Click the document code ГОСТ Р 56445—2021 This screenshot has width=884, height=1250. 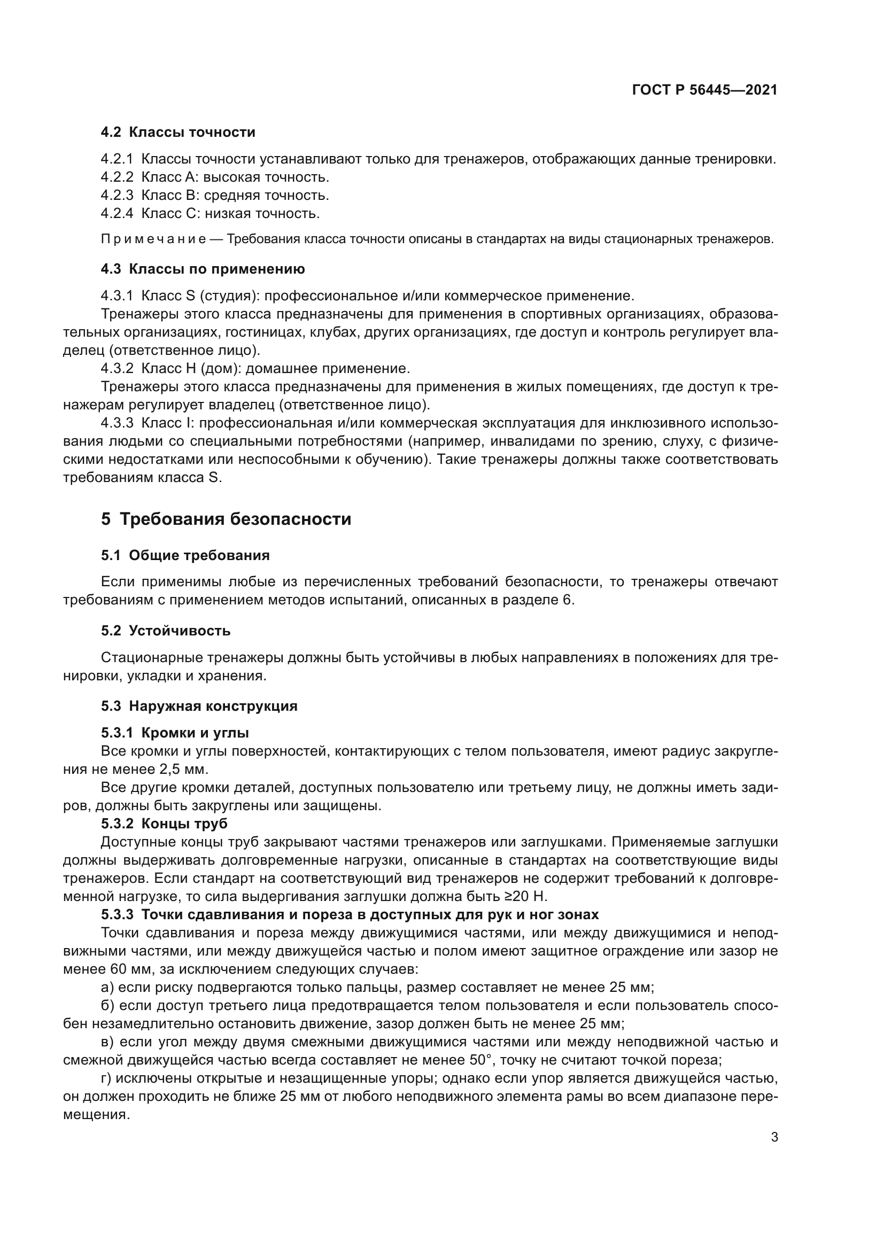point(704,90)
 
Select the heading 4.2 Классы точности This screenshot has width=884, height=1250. point(178,133)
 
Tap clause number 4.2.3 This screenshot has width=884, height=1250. point(117,195)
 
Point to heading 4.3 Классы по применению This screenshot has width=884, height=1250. point(203,269)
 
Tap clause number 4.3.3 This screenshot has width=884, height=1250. point(117,423)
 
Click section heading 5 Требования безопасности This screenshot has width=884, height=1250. point(226,519)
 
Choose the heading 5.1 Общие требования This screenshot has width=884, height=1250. point(185,555)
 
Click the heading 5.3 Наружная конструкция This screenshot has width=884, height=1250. point(199,706)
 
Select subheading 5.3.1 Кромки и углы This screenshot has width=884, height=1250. point(175,733)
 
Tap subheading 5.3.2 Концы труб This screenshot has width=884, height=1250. point(164,823)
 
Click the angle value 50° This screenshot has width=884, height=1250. point(480,1060)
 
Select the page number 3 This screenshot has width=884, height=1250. point(774,1137)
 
